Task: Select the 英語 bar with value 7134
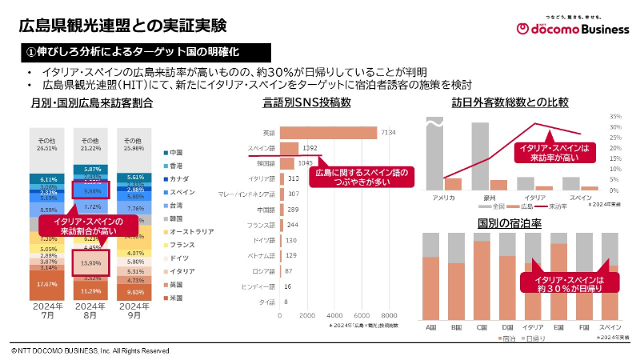(x=329, y=132)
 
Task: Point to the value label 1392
(x=311, y=148)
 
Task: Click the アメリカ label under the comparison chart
(x=443, y=198)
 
